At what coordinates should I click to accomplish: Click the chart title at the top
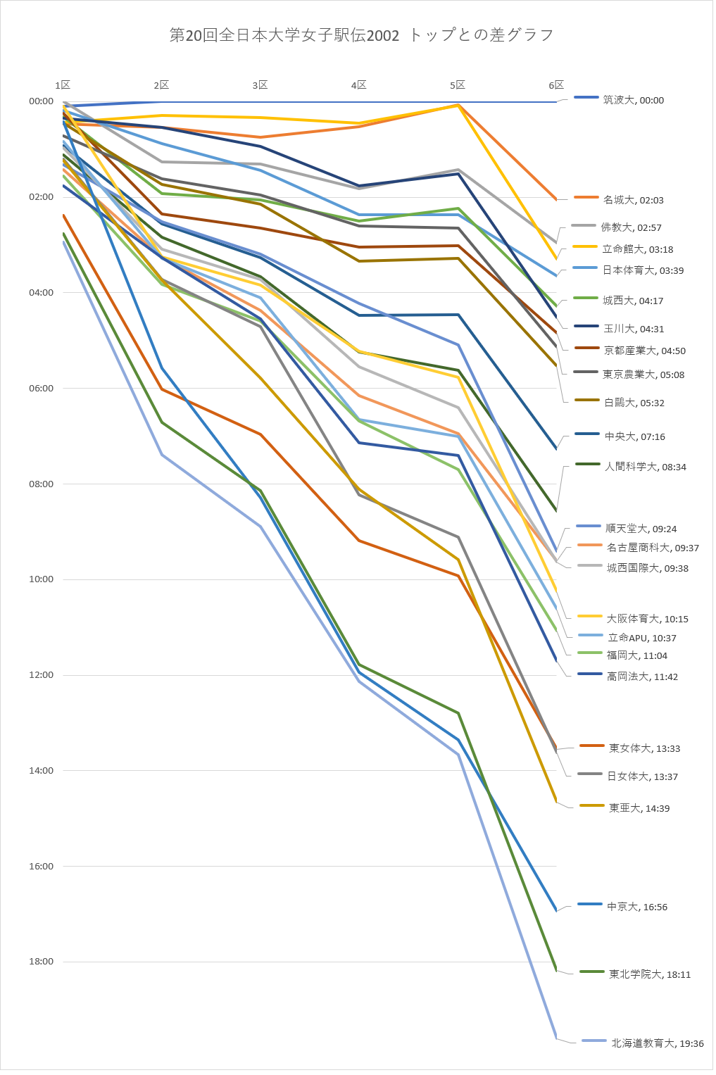coord(361,35)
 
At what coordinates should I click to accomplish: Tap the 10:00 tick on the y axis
coord(41,579)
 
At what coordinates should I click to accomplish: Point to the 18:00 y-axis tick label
coord(41,962)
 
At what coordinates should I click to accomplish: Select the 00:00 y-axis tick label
coord(41,101)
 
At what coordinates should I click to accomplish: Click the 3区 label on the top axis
coord(260,85)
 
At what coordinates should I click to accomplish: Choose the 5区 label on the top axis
coord(458,85)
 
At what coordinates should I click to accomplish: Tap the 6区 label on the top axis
coord(556,85)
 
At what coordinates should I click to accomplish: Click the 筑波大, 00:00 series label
coord(633,101)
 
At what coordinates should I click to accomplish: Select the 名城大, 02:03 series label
coord(633,201)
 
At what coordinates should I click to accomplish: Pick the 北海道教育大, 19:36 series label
coord(657,1044)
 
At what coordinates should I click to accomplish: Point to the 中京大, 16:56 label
coord(637,907)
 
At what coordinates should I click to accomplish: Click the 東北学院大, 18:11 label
coord(649,975)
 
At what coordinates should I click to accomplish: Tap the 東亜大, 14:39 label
coord(639,809)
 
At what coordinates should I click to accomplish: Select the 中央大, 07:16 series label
coord(634,437)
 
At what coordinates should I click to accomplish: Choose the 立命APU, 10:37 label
coord(641,639)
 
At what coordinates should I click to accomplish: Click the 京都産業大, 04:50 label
coord(644,351)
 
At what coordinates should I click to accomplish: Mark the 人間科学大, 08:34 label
coord(645,467)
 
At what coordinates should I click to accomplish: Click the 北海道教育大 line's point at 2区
coord(162,455)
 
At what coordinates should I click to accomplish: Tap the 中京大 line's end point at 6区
coord(556,911)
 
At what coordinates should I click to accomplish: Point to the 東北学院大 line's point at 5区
coord(458,713)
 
